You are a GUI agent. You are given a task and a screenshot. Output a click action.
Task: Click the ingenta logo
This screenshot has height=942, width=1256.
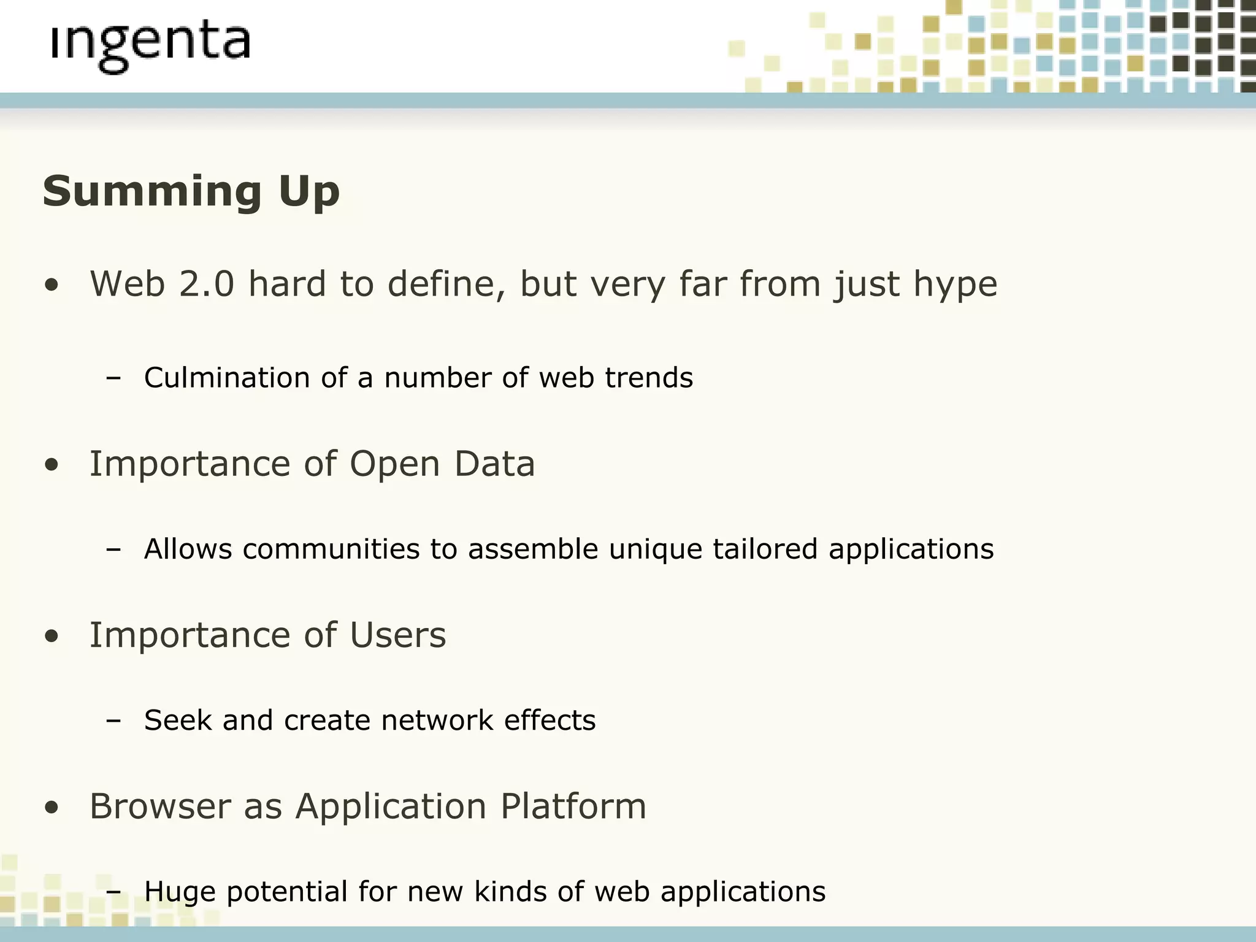click(151, 46)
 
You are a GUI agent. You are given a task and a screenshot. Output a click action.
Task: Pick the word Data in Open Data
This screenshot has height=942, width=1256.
click(494, 464)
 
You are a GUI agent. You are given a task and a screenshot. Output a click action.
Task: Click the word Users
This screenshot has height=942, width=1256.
click(397, 635)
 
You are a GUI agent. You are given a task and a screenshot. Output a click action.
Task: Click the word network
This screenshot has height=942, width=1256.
click(437, 720)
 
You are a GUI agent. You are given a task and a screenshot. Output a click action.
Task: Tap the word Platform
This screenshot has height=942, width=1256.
click(573, 806)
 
